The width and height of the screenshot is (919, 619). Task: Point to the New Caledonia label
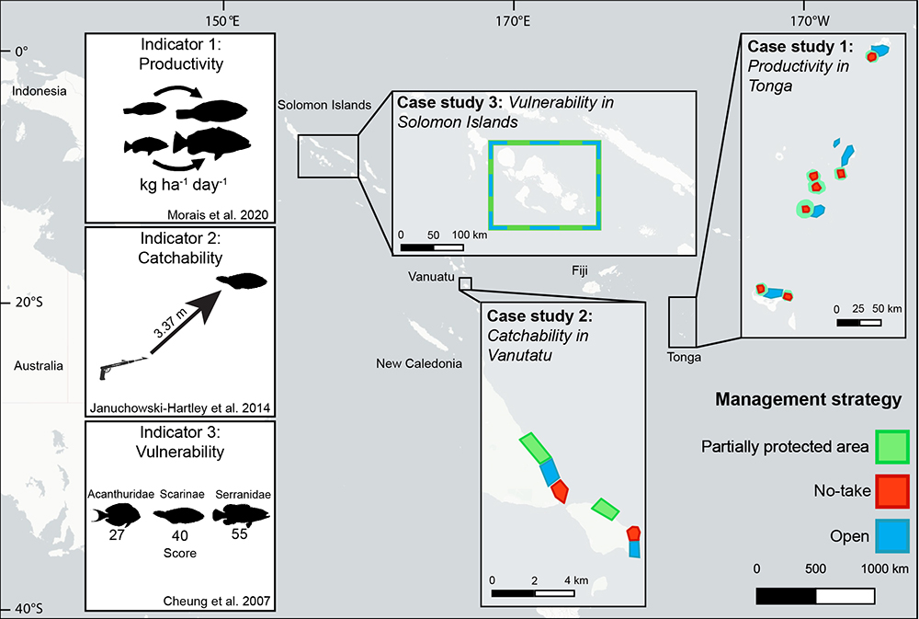(419, 364)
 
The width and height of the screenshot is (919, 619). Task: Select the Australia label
(39, 366)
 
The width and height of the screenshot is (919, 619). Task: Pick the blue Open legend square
(891, 536)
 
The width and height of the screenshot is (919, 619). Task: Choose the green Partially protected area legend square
(891, 447)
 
